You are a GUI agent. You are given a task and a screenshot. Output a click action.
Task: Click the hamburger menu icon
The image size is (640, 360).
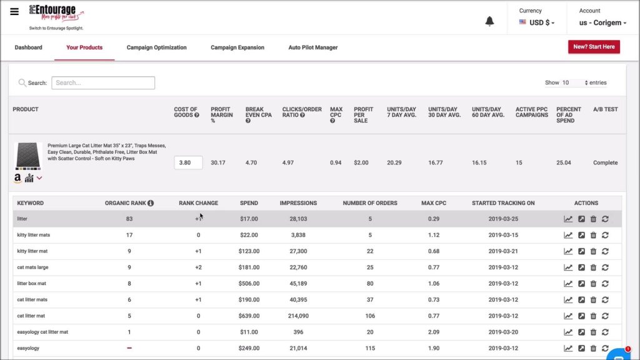click(14, 12)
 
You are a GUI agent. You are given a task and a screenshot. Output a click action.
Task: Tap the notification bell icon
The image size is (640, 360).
click(489, 21)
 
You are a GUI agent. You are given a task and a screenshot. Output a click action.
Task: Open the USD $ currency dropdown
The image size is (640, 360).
click(537, 22)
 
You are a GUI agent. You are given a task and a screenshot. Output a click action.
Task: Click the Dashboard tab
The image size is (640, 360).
click(28, 47)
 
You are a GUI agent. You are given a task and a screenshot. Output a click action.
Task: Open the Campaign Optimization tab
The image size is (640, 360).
click(156, 47)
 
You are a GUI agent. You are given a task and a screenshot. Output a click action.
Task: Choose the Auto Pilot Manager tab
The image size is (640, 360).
click(312, 47)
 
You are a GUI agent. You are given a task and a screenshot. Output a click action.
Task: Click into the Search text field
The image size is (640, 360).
click(103, 82)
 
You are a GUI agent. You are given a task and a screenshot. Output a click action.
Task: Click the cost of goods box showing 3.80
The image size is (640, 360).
click(188, 162)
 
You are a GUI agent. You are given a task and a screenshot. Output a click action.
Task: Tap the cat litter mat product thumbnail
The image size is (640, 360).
click(28, 156)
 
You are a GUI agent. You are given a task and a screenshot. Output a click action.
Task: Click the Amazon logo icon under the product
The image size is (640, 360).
click(17, 178)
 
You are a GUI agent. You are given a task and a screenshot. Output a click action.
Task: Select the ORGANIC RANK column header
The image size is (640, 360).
click(126, 203)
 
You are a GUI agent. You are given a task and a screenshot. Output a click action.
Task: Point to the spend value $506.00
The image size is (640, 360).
click(249, 283)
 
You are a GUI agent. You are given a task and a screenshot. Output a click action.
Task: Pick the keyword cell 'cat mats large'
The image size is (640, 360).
click(32, 267)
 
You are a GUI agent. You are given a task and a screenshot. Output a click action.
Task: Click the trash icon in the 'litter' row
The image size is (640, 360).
click(593, 219)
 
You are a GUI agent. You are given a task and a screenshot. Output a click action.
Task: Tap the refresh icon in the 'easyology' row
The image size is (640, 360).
click(605, 348)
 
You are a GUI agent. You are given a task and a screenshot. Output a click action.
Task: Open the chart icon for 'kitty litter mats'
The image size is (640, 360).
click(568, 235)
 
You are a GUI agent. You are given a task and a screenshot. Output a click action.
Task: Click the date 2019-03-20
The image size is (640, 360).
click(503, 332)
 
